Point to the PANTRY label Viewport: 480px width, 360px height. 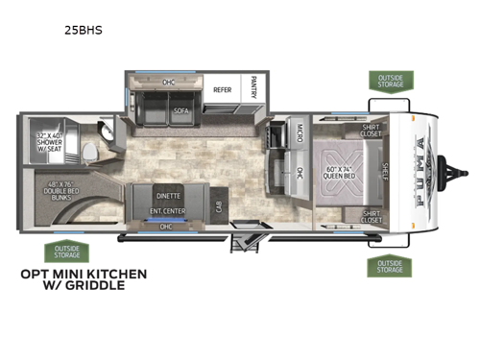tap(253, 86)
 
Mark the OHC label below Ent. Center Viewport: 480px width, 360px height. tap(166, 227)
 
